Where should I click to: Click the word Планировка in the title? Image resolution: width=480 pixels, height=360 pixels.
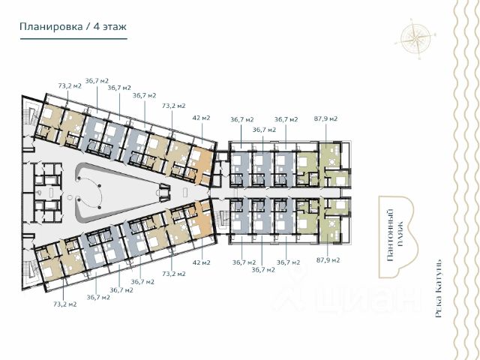pos(51,27)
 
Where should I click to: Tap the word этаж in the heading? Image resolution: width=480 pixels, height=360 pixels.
pos(115,27)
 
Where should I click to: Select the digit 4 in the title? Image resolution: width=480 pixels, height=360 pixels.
pos(97,27)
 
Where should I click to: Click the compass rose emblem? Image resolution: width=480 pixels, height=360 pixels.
pos(416,39)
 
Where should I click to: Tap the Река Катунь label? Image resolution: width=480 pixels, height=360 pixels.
pos(438,289)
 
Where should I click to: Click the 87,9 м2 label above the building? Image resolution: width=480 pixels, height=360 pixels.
pos(325,118)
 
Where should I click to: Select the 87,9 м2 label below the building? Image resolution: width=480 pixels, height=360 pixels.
pos(328,260)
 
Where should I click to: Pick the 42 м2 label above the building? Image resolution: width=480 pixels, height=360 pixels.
pos(202,118)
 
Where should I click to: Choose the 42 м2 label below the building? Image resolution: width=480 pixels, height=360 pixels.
pos(202,262)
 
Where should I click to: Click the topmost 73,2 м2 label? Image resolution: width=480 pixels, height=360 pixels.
pos(70,86)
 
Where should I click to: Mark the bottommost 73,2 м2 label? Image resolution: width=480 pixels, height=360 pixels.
pos(65,304)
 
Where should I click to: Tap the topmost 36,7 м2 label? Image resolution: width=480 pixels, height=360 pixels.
pos(97,81)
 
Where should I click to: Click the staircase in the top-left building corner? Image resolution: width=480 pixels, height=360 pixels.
pos(31,114)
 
